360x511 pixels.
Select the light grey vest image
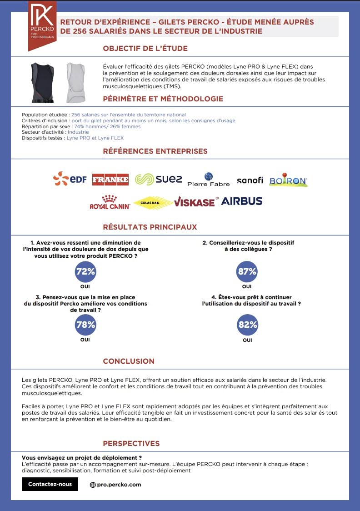[75, 82]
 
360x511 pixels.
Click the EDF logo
[70, 179]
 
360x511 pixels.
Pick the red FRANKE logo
[110, 180]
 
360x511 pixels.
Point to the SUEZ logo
[159, 180]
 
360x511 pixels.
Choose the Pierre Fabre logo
[209, 180]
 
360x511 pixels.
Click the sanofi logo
[250, 180]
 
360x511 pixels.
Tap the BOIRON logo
[288, 180]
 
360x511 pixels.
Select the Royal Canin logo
[110, 202]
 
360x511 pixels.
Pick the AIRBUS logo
[241, 201]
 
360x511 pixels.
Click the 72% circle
[85, 272]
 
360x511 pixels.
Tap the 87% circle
[247, 272]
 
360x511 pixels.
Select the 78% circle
[85, 325]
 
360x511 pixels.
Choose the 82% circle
[247, 325]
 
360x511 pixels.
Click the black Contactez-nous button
[50, 484]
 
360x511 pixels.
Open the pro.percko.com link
[115, 485]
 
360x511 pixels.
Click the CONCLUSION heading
[129, 361]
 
